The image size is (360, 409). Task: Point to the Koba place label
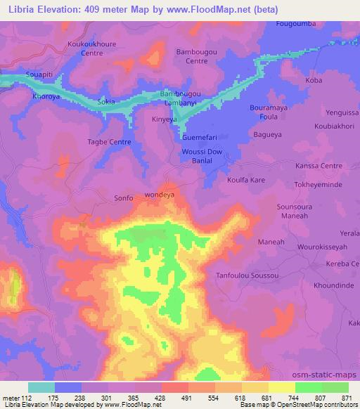pyautogui.click(x=314, y=81)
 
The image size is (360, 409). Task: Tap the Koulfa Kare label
pyautogui.click(x=245, y=180)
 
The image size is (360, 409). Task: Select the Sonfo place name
pyautogui.click(x=123, y=199)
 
